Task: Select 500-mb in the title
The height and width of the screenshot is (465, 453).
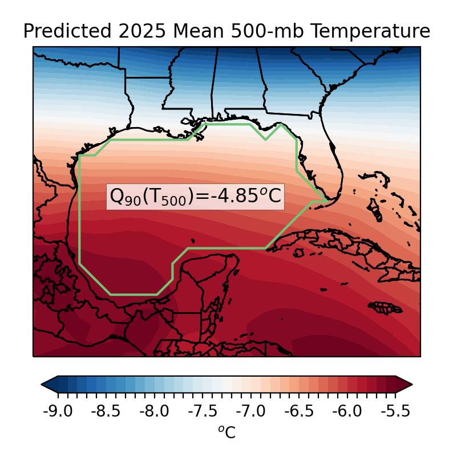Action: coord(262,31)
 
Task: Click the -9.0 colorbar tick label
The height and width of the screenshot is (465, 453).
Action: coord(58,411)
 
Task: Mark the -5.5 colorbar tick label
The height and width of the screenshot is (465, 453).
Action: coord(396,411)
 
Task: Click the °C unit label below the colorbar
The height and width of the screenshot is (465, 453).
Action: coord(226,433)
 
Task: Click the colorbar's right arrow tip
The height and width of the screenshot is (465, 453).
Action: coord(411,385)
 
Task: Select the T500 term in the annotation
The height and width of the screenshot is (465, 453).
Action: coord(162,197)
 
